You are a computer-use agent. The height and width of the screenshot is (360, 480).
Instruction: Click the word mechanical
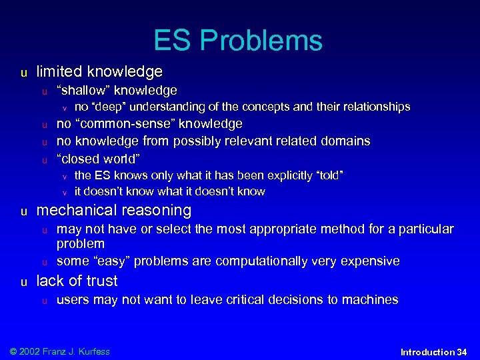74,211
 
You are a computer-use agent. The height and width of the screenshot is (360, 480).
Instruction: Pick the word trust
100,281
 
